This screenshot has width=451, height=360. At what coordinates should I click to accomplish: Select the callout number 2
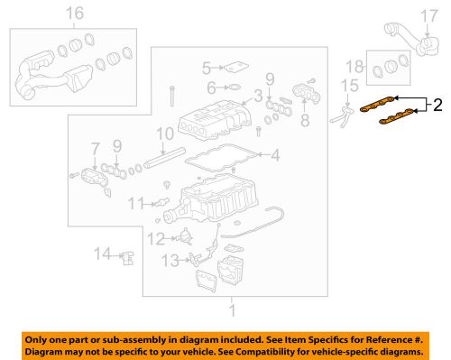tap(437, 106)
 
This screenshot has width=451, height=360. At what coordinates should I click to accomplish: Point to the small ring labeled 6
tap(232, 88)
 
